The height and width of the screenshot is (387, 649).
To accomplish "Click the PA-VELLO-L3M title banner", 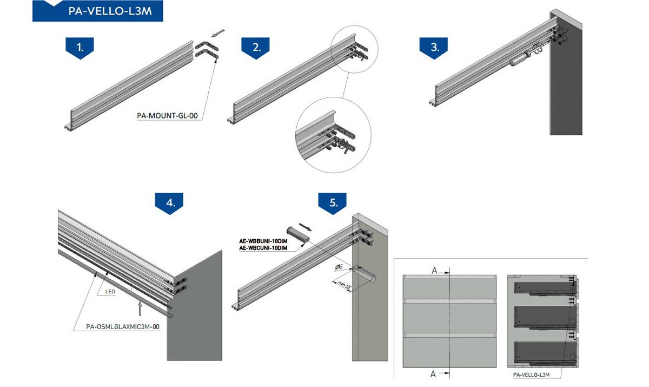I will click(97, 11).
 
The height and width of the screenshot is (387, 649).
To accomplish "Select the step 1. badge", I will click(80, 47).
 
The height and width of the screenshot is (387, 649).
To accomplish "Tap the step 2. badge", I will click(257, 47).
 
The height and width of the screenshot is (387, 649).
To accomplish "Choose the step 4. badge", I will click(170, 202).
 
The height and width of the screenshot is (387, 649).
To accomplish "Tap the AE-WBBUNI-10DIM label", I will click(263, 241).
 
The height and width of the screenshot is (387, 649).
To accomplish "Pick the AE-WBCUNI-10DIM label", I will click(263, 248).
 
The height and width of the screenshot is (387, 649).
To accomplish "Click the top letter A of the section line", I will click(434, 271).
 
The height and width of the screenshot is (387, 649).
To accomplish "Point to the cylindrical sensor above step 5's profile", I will click(297, 236).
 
